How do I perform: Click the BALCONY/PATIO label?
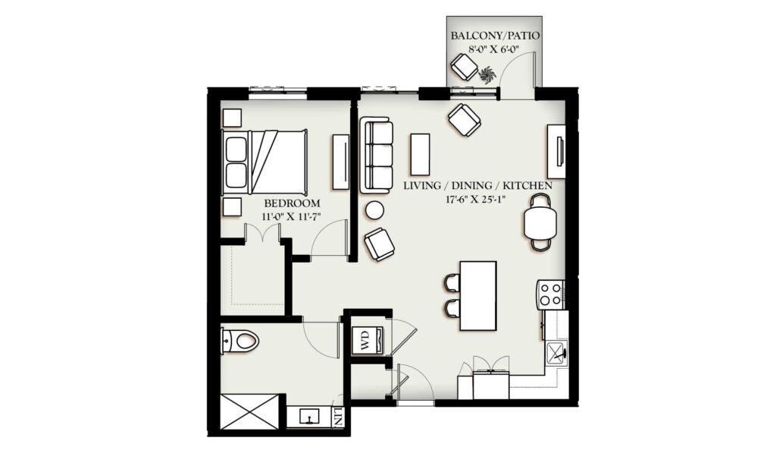494,36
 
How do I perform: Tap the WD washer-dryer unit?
368,341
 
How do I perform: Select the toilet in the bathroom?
240,341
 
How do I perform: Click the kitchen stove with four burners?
551,294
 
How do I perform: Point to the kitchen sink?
557,353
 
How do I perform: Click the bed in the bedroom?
264,162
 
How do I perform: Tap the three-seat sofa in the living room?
376,155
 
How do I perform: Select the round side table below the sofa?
374,211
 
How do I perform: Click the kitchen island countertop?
478,295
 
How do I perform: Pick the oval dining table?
540,222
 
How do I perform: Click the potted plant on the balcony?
487,75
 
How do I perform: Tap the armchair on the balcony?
465,67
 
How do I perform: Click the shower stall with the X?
250,411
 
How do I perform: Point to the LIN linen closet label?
339,417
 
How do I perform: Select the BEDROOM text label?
292,203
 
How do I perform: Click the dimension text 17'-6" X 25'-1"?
478,200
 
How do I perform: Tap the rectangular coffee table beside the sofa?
420,154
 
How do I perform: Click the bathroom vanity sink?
310,417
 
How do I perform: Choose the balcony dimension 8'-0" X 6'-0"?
494,49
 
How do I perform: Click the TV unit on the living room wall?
557,151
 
